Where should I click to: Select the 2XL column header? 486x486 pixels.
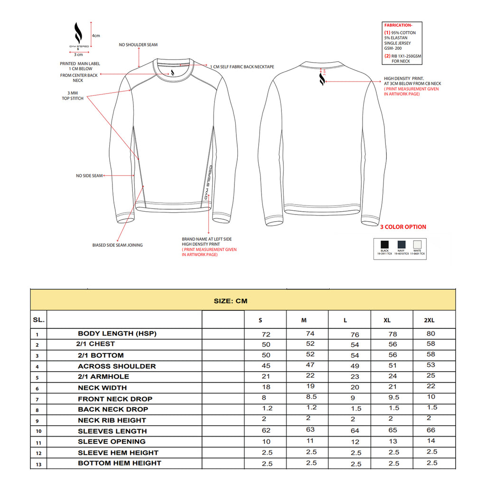[429, 320]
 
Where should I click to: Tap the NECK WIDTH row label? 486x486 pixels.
[102, 388]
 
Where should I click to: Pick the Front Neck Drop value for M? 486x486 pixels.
[310, 397]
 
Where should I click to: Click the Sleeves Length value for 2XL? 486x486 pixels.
[430, 430]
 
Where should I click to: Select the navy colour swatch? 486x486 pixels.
[401, 244]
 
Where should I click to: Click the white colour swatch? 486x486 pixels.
[418, 244]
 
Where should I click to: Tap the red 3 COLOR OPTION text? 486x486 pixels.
[403, 227]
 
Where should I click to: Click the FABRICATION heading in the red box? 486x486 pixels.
[398, 25]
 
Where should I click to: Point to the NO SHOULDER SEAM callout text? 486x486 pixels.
[138, 45]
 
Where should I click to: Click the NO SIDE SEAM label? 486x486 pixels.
[89, 176]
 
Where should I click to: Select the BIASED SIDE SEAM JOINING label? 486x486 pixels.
[117, 245]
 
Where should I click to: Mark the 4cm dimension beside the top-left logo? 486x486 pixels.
[96, 36]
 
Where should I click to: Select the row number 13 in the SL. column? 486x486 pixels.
[37, 465]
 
